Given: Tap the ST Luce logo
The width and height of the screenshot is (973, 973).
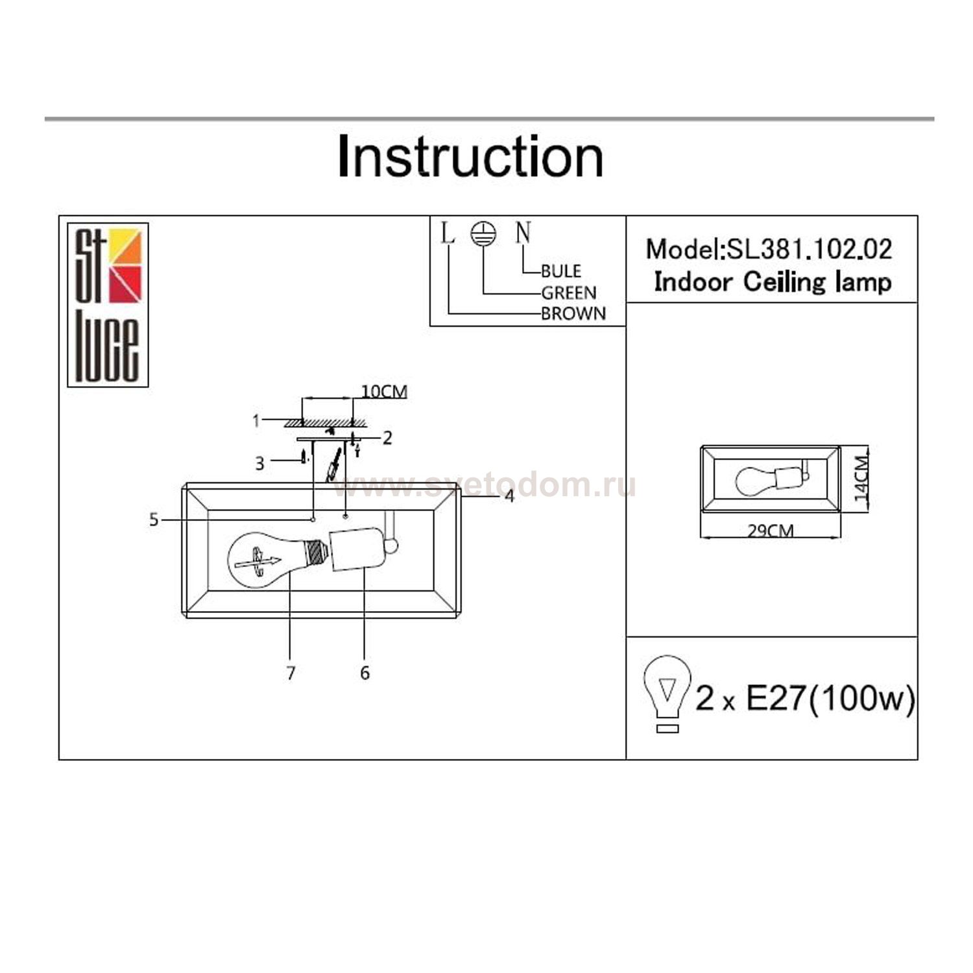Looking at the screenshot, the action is coord(108,305).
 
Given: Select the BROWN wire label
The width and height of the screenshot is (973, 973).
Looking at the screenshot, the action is coord(573,313).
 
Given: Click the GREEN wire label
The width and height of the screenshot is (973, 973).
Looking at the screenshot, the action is coord(568,293).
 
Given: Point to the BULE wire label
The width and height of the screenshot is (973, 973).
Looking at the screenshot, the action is coord(561,270).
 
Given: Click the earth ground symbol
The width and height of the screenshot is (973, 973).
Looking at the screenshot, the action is coord(483,234).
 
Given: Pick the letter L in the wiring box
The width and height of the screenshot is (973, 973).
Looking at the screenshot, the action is coord(448,234).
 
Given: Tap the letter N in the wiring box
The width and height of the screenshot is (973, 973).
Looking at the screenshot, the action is coord(523,233).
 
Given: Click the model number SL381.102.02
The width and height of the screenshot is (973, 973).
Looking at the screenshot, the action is coord(810,250).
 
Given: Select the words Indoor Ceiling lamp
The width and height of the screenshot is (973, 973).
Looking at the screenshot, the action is coord(772,282).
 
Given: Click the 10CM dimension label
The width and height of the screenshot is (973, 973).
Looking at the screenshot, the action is coord(384,392).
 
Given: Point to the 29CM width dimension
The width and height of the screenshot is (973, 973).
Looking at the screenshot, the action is coord(771,531).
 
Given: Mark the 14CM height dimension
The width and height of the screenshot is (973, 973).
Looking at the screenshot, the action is coord(861,478).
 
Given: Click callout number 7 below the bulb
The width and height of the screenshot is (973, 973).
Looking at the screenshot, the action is coord(291,673).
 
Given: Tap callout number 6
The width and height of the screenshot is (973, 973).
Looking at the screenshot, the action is coord(365,673).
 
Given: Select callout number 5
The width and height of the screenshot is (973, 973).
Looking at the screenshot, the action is coord(154,520).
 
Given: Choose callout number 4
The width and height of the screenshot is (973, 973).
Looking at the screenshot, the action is coord(509,496).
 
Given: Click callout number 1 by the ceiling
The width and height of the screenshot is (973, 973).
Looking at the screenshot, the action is coord(256,421).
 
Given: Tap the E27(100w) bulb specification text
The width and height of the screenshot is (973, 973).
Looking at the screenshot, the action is coord(830,699).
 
